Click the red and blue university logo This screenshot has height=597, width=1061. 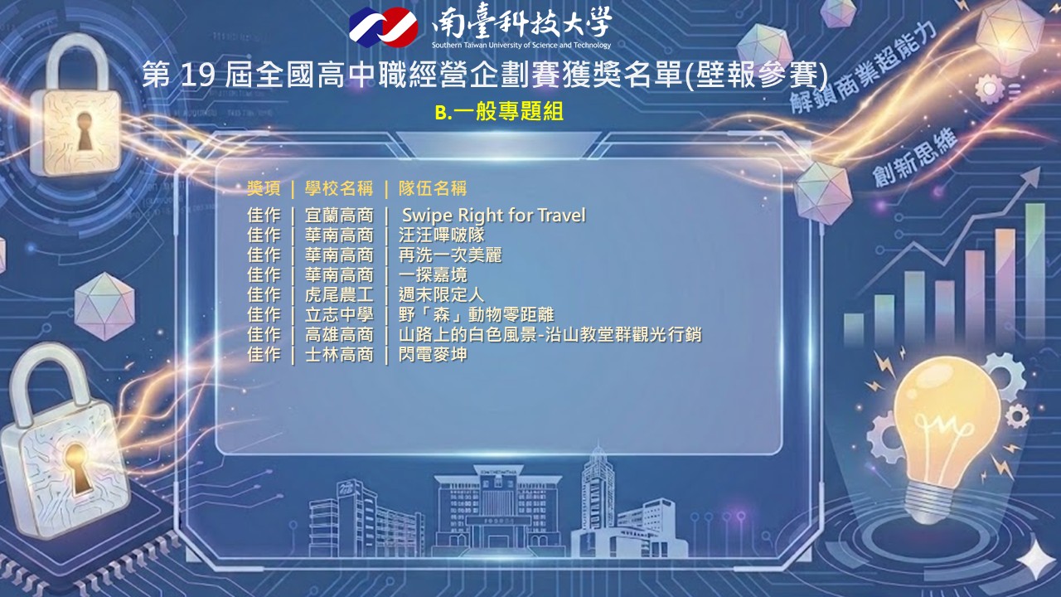(x=383, y=27)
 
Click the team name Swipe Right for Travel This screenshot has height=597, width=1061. (x=493, y=216)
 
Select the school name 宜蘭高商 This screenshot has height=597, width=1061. (x=339, y=216)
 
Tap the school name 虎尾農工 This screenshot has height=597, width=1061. (x=339, y=294)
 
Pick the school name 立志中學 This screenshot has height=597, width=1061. (x=339, y=314)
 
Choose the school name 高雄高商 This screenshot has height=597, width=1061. (x=339, y=334)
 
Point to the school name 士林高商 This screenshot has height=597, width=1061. (x=339, y=354)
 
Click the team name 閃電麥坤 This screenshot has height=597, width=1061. (x=433, y=354)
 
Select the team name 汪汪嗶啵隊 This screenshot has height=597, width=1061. (x=442, y=235)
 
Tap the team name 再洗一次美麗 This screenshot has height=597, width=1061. (x=450, y=255)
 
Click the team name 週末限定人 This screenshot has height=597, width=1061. (x=442, y=294)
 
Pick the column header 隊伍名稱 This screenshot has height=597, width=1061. (x=433, y=188)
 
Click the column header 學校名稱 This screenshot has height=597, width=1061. (x=339, y=188)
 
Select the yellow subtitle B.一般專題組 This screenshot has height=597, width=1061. (x=499, y=112)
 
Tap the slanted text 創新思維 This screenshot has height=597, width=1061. (x=915, y=158)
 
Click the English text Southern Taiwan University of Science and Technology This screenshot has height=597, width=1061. (x=521, y=46)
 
